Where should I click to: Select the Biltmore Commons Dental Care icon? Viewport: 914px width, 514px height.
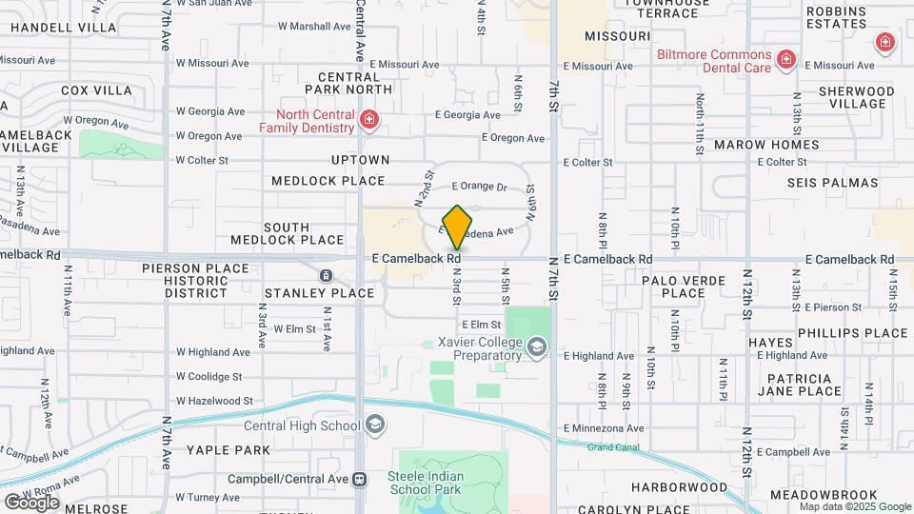pyautogui.click(x=786, y=60)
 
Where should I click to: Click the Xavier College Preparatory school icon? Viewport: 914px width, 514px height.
pyautogui.click(x=538, y=347)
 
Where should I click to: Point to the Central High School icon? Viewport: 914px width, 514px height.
pyautogui.click(x=375, y=425)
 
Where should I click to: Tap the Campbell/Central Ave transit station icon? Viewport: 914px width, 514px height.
pyautogui.click(x=359, y=479)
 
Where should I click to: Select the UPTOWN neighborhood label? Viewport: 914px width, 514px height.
pyautogui.click(x=360, y=160)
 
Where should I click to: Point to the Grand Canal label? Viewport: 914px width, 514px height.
pyautogui.click(x=614, y=446)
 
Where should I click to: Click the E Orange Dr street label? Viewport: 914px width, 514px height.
pyautogui.click(x=479, y=187)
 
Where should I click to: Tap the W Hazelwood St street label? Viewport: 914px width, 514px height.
pyautogui.click(x=214, y=402)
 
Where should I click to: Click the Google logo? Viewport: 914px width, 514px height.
pyautogui.click(x=31, y=502)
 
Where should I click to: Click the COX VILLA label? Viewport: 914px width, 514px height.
pyautogui.click(x=96, y=90)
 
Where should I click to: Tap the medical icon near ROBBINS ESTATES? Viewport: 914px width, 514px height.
pyautogui.click(x=884, y=42)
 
